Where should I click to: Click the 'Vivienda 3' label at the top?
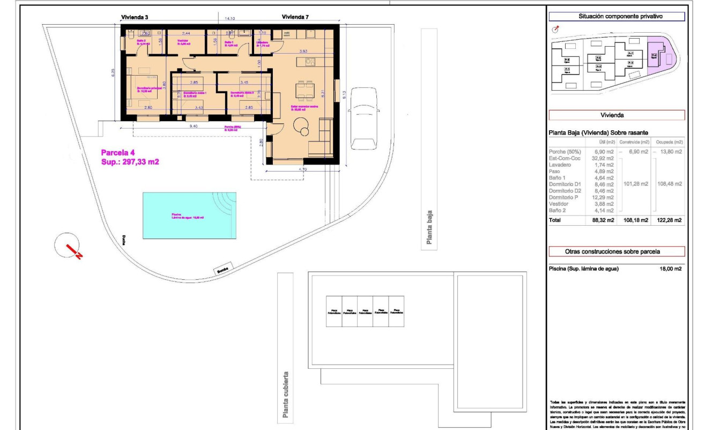135,18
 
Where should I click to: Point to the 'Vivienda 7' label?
295,18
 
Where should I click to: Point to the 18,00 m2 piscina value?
670,269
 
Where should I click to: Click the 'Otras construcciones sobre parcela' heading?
617,251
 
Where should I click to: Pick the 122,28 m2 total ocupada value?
670,220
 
